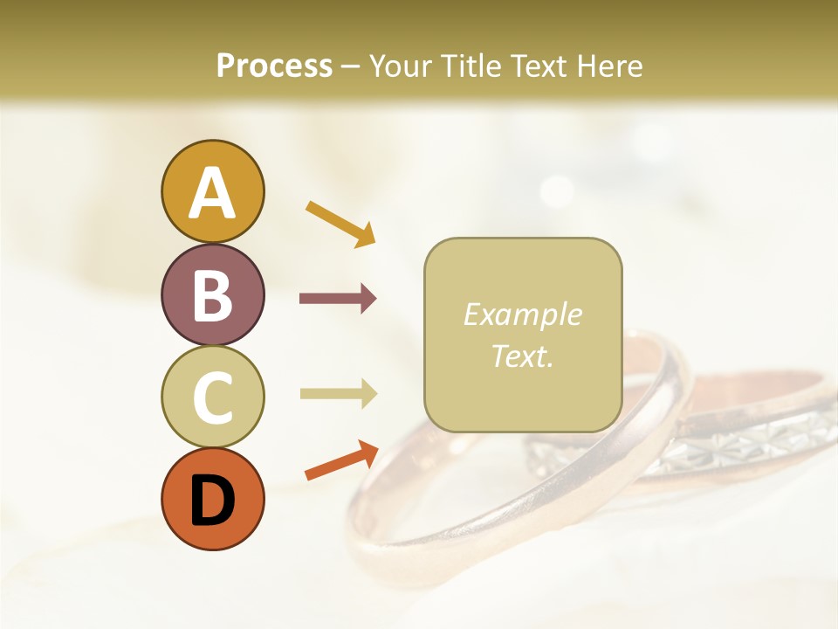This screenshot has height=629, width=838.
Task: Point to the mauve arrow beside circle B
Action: coord(338,299)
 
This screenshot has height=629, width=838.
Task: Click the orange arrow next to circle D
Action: coord(341,460)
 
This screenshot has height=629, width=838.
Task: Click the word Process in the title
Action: coord(274,66)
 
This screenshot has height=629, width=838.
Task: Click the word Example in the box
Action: coord(522,314)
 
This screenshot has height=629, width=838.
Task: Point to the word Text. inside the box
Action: coord(522,356)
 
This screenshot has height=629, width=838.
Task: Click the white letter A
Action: coord(212,193)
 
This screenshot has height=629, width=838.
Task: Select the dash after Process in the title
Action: coord(350,66)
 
